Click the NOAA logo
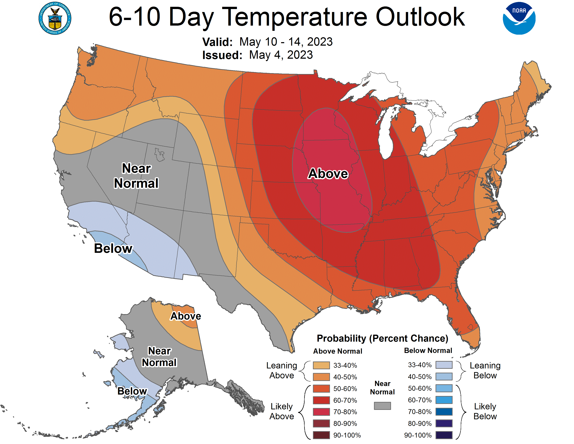coord(519,18)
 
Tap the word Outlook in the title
coord(420,17)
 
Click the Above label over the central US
coord(328,174)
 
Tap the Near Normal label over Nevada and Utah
coord(136,176)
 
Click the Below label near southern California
coord(113,248)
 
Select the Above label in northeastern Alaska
coord(186,316)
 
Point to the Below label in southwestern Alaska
coord(132,391)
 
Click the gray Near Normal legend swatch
coord(382,406)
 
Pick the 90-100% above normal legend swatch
coord(321,435)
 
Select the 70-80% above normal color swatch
coord(321,412)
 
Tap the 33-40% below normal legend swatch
coord(444,365)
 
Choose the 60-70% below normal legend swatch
coord(444,400)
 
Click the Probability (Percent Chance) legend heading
coord(382,338)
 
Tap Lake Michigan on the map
coord(385,137)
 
